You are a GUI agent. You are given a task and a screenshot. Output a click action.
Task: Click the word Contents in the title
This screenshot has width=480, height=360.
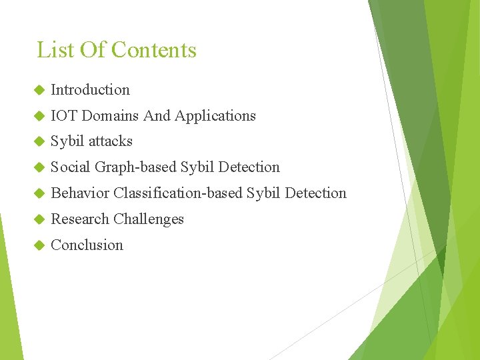coord(154,50)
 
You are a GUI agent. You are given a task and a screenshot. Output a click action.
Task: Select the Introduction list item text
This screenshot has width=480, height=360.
coord(90,89)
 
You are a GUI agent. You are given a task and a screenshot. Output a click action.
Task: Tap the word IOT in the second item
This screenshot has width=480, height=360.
coord(64,115)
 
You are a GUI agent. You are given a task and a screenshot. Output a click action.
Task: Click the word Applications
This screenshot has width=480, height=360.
coord(215,115)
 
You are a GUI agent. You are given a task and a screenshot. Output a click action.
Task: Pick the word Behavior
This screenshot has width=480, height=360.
coord(80,193)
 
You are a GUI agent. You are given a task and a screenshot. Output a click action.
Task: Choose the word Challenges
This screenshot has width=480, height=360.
coord(149,219)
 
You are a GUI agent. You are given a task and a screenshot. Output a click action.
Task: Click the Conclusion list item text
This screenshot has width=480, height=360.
coord(87,245)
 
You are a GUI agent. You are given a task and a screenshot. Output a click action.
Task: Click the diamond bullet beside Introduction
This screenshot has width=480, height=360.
coord(37,90)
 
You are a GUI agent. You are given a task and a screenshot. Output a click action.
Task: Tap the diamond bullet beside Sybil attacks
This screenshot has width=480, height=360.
coord(37,141)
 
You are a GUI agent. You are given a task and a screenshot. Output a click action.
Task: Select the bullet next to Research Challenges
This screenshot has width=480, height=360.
coord(37,219)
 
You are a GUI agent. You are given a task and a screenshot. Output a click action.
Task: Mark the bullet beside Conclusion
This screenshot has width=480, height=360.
coord(37,245)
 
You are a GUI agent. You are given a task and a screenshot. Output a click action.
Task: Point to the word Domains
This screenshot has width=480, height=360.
coord(110,115)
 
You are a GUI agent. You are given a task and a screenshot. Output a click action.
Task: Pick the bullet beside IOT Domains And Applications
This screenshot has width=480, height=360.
coord(37,116)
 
